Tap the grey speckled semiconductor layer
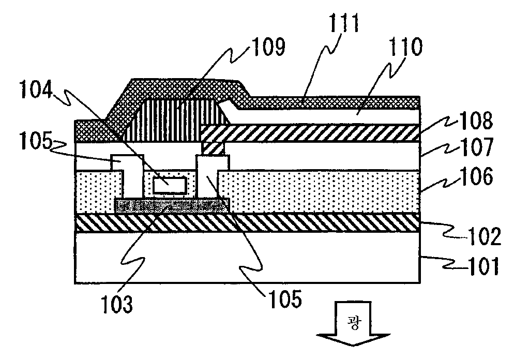(171, 205)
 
